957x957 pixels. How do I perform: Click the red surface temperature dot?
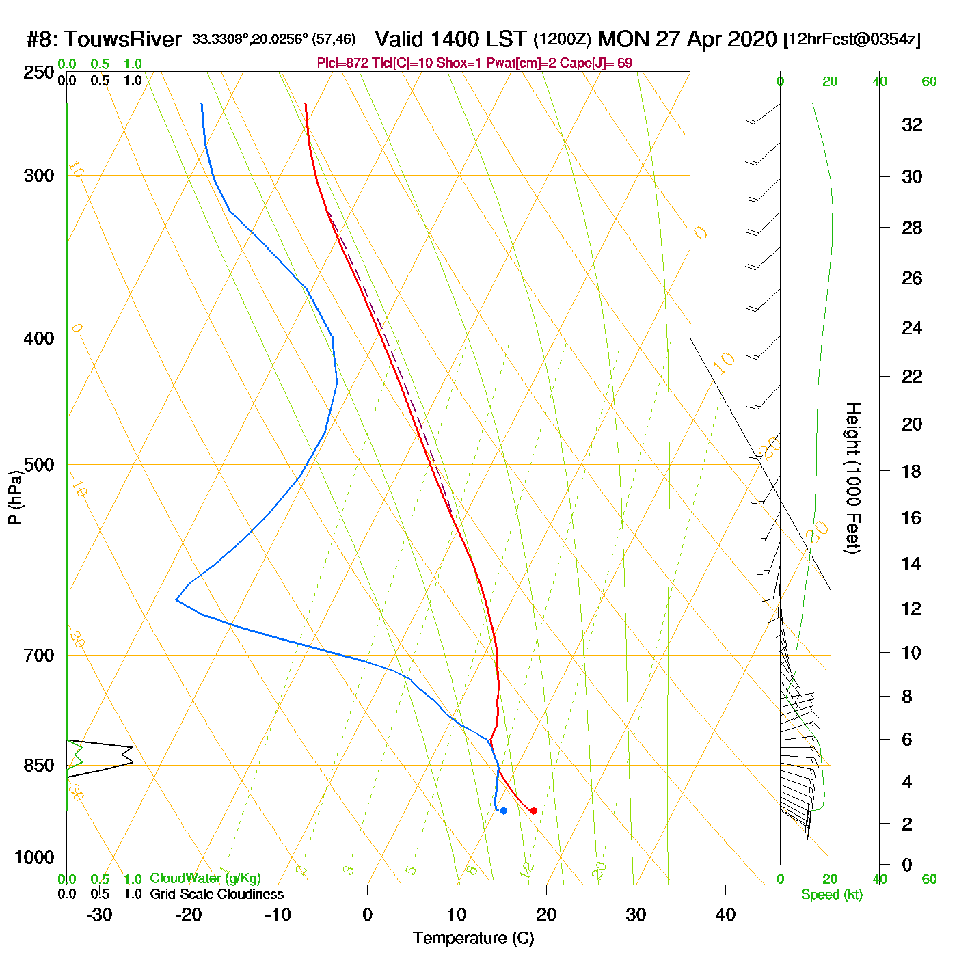(x=533, y=811)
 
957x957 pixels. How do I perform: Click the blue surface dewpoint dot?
(x=504, y=811)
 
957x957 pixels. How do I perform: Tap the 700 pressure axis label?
(x=39, y=656)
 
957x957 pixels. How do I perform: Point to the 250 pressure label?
(x=39, y=72)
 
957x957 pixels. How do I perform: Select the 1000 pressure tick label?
(x=34, y=857)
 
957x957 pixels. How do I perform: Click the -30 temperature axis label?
(x=99, y=915)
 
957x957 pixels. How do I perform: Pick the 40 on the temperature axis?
(x=725, y=915)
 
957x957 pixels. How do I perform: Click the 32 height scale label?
(x=912, y=124)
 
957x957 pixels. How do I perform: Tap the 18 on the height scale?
(x=912, y=471)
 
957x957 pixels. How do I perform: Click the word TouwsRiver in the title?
(x=123, y=39)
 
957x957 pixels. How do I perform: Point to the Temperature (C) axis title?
(x=473, y=939)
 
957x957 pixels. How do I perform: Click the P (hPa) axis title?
(x=15, y=498)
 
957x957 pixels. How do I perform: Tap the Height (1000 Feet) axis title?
(x=853, y=478)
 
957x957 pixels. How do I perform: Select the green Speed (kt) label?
(x=832, y=895)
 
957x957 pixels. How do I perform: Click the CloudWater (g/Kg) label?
(x=205, y=878)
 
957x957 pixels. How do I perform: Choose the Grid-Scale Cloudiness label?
(x=217, y=894)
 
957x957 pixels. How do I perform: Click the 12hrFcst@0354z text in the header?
(x=853, y=39)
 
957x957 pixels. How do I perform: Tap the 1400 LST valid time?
(x=451, y=39)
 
